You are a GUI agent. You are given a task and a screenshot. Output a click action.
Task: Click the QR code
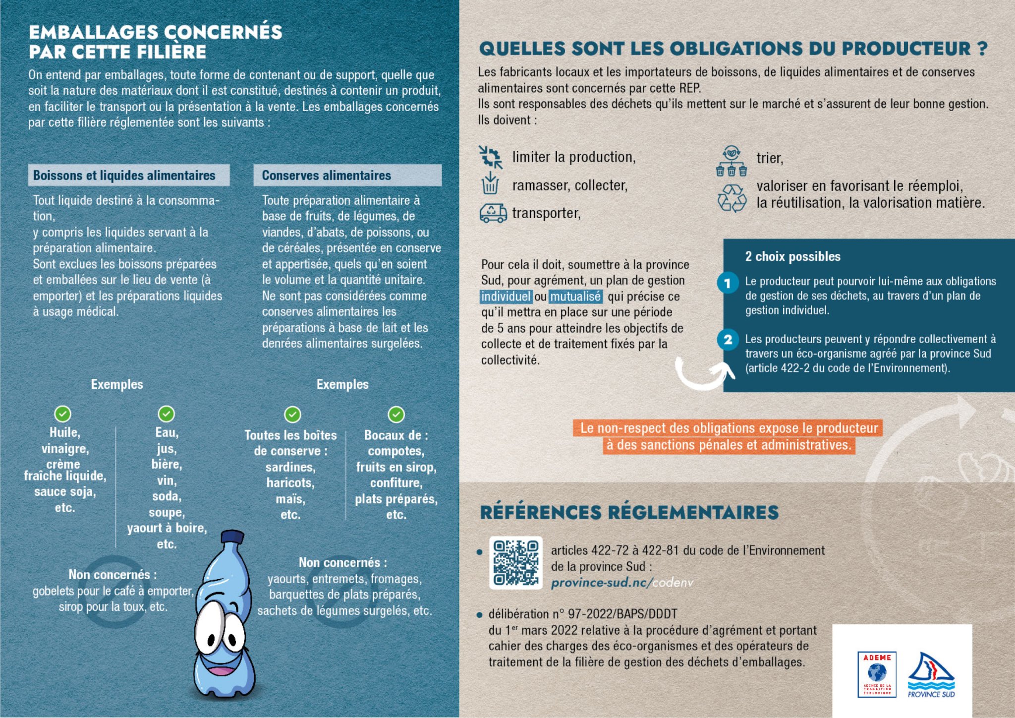(x=515, y=563)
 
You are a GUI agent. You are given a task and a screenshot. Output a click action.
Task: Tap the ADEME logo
(x=877, y=674)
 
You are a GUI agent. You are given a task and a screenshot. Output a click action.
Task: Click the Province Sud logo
(x=931, y=674)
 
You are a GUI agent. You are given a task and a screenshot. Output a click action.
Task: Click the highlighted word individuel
(x=506, y=297)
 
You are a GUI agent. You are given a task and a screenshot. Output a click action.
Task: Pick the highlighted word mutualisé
(x=575, y=297)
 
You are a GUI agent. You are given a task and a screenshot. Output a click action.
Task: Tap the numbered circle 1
(x=728, y=283)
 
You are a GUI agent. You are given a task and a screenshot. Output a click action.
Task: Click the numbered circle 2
(x=728, y=340)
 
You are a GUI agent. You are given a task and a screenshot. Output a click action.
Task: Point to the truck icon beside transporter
(x=493, y=213)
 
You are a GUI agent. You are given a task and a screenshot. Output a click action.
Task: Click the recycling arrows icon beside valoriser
(x=732, y=198)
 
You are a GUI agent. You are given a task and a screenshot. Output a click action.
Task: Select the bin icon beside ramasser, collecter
(x=490, y=183)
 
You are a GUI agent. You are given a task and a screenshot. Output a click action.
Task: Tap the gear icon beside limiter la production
(x=491, y=157)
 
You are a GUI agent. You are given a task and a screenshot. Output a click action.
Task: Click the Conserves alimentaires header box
(x=347, y=176)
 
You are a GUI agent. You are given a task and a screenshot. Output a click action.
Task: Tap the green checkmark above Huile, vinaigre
(x=62, y=413)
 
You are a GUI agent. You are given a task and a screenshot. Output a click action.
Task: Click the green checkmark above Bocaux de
(x=396, y=414)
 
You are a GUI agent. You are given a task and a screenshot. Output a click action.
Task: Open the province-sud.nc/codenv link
(x=622, y=583)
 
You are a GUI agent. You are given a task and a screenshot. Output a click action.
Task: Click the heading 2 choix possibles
(x=792, y=256)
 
